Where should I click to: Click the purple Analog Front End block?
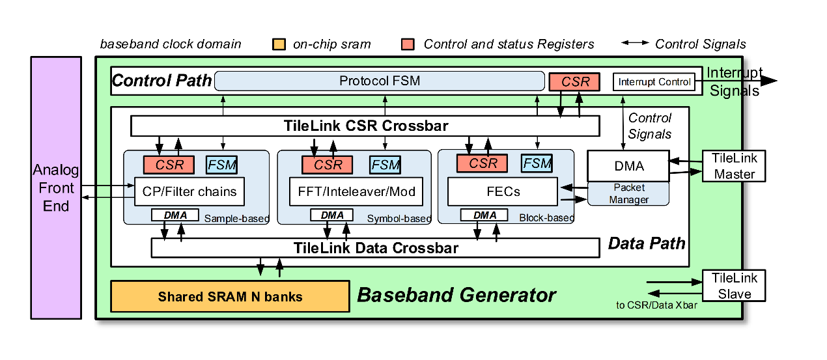click(x=56, y=187)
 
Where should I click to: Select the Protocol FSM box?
click(x=379, y=81)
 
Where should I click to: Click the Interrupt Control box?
click(x=654, y=82)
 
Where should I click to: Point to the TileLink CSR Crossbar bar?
click(x=365, y=126)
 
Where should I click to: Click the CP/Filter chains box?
click(x=189, y=192)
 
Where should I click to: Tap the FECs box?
click(x=503, y=192)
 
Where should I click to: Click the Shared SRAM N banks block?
click(x=230, y=297)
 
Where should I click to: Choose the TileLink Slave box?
click(x=733, y=286)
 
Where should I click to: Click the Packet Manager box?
click(x=628, y=194)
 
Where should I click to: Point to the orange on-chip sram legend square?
click(x=279, y=44)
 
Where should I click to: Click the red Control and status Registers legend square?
click(x=408, y=44)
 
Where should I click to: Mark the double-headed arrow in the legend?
click(x=634, y=44)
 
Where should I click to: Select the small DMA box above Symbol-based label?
click(x=332, y=215)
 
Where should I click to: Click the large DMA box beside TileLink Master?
click(x=628, y=167)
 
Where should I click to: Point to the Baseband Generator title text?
click(x=456, y=295)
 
